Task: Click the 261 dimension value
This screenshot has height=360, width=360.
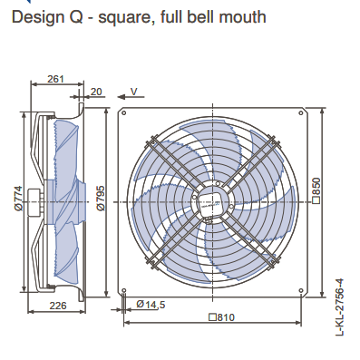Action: coord(56,79)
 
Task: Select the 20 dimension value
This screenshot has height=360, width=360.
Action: coord(96,92)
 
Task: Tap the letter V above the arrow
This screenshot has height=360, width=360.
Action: coord(133,92)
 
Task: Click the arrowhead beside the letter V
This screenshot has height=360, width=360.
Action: coord(122,97)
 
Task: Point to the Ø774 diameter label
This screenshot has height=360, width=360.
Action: coord(18,199)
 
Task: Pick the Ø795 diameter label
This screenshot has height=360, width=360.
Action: coord(101,198)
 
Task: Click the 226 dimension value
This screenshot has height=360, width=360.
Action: coord(58,306)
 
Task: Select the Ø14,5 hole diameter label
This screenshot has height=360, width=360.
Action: coord(151,304)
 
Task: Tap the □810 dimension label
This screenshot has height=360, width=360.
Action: coord(221,317)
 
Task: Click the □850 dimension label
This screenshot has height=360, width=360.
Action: coord(316,190)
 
